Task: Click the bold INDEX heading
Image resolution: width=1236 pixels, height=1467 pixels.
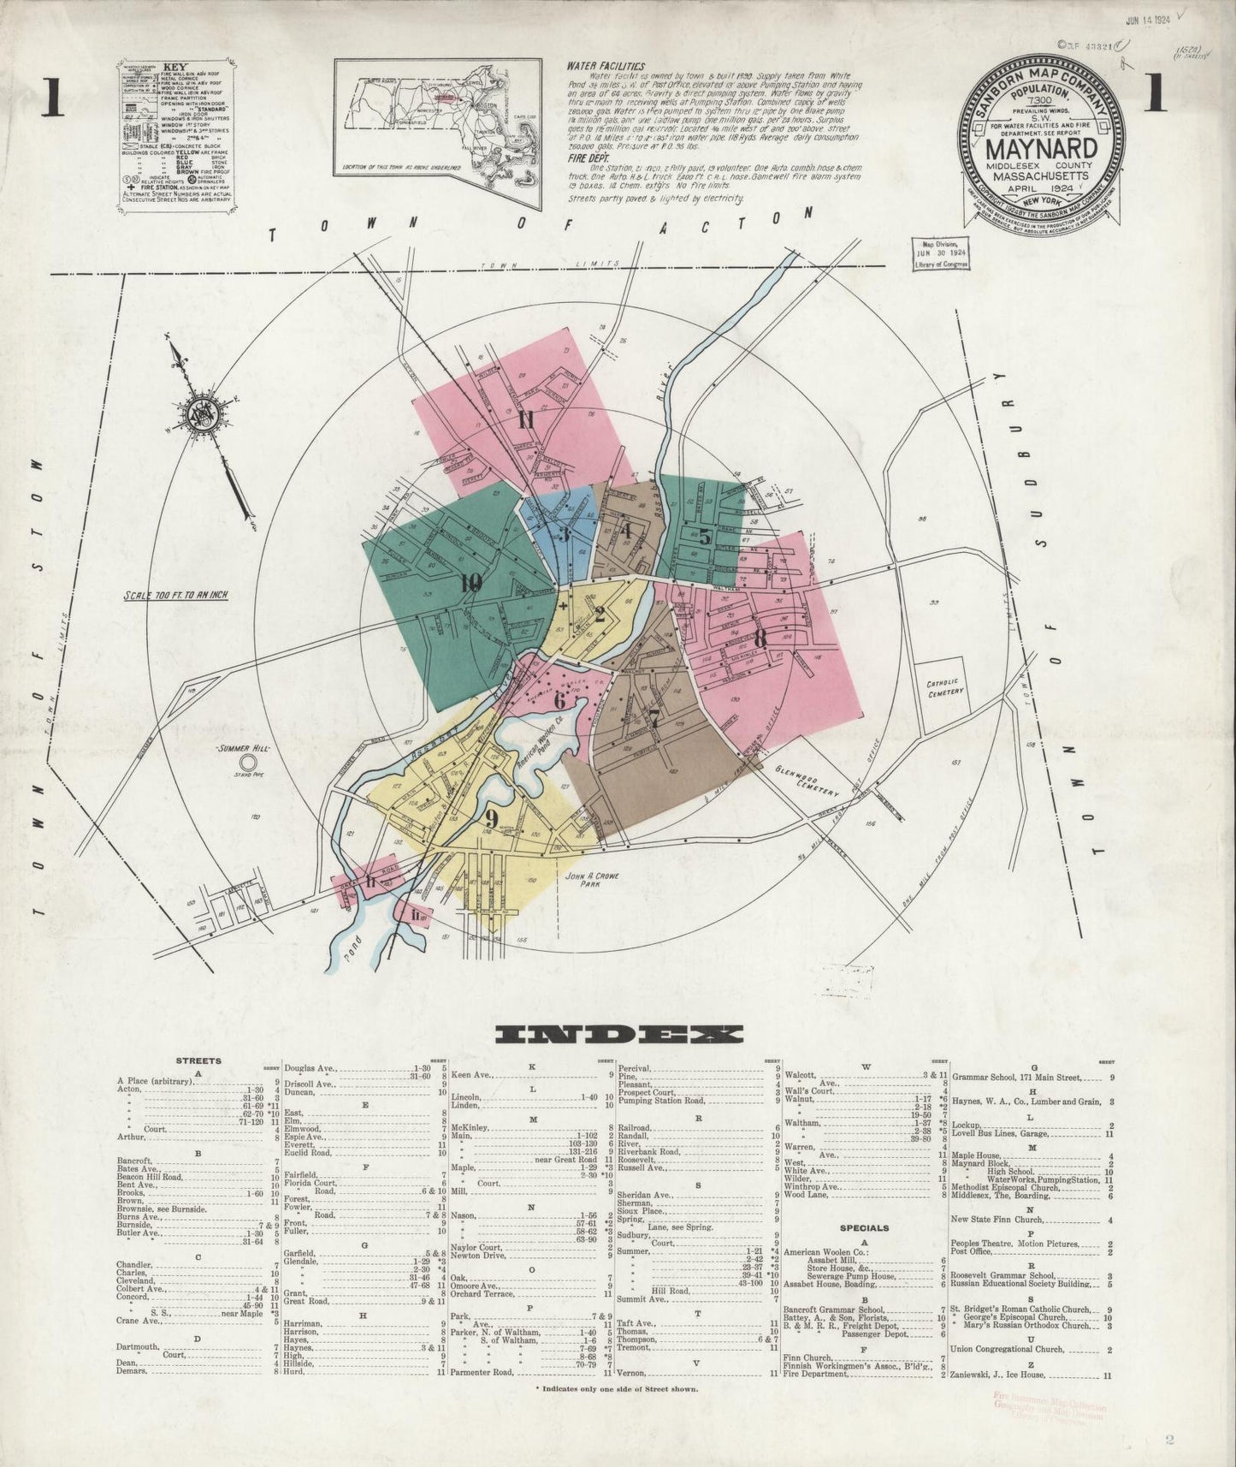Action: coord(619,1034)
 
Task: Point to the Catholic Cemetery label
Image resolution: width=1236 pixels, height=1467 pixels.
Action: coord(944,687)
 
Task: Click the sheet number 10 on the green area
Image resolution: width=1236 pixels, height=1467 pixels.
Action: coord(470,584)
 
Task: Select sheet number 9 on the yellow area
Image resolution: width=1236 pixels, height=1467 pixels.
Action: coord(491,816)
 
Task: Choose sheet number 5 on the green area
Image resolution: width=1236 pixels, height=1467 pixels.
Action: coord(704,538)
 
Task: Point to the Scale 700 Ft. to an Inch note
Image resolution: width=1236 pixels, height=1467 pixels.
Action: coord(174,595)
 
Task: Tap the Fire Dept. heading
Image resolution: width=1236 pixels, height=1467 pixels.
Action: coord(587,158)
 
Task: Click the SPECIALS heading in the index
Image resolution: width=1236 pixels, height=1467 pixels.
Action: coord(866,1227)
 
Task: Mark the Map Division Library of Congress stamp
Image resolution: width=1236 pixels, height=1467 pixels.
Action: coord(941,254)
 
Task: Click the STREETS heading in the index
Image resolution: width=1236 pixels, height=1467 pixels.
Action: coord(198,1060)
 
